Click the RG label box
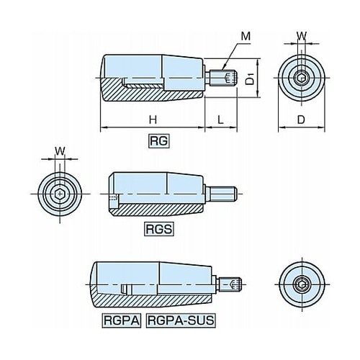(159, 141)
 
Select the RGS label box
(159, 229)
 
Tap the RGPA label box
(122, 320)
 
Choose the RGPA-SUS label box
(181, 320)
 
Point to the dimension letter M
(246, 37)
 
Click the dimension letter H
(153, 120)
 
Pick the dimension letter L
(220, 120)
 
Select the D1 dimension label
(250, 79)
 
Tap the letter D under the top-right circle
(301, 120)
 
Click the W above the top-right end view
(302, 36)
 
